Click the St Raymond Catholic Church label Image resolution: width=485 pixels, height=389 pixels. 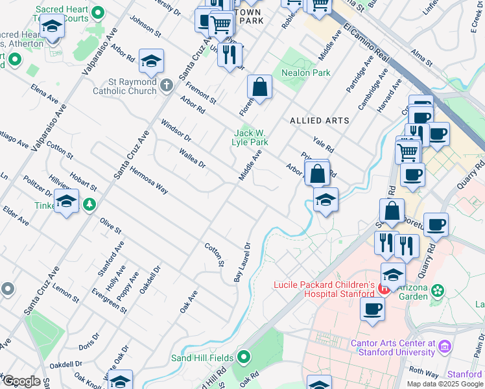(133, 86)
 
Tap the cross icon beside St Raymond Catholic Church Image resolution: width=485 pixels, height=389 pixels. (167, 84)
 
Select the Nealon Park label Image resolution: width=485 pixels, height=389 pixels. (305, 73)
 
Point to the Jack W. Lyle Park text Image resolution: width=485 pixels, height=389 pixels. (250, 137)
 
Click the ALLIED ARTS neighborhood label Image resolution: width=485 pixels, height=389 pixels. (319, 121)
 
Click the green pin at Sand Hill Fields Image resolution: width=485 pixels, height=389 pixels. (244, 356)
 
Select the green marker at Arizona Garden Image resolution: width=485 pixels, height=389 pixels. (438, 290)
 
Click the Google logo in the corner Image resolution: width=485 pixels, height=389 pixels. (21, 381)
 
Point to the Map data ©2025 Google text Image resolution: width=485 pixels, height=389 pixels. (445, 384)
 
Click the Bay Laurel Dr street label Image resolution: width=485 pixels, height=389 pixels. (242, 263)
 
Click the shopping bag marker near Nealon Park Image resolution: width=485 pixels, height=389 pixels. (259, 87)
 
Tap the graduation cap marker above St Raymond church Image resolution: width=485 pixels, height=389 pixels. (151, 62)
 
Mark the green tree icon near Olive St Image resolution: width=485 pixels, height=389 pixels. (88, 205)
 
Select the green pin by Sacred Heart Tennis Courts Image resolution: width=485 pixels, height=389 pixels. (98, 13)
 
